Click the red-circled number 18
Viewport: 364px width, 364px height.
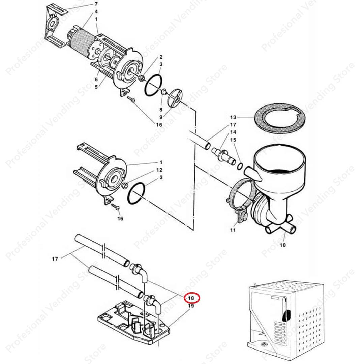[191, 298]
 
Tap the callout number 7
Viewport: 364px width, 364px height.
[96, 4]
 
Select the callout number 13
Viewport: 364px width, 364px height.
[234, 118]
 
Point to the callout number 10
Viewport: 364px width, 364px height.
[282, 245]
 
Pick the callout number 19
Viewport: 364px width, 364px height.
[191, 306]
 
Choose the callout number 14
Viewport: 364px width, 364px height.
[233, 132]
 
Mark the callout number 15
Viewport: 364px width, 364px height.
[233, 140]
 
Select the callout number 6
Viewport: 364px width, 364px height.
[96, 79]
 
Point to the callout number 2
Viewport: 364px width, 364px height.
[161, 57]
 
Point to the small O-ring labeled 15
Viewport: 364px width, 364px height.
[240, 166]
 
